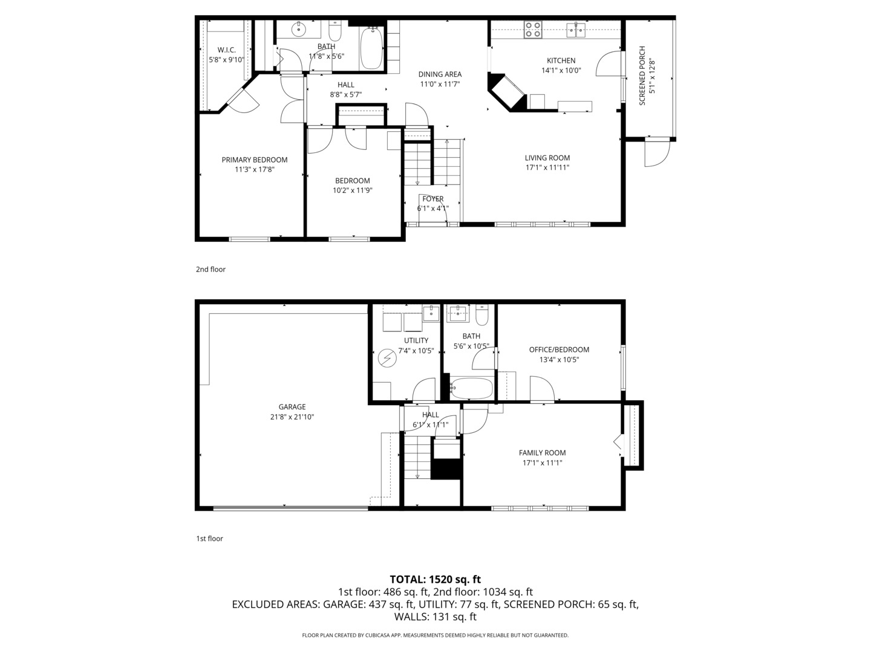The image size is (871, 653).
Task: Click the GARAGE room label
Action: (292, 407)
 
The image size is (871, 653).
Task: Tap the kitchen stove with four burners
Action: (533, 30)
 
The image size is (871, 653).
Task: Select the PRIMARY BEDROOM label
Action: (254, 160)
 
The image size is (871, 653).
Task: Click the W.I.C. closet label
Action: (226, 50)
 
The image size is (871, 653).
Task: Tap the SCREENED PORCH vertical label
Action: (642, 76)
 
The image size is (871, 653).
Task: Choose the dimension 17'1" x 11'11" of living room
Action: (547, 167)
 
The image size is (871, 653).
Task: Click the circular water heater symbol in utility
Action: (387, 359)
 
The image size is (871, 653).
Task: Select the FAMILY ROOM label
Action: (542, 452)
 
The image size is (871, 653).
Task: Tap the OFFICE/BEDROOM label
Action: (558, 349)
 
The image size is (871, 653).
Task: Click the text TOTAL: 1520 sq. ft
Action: (435, 579)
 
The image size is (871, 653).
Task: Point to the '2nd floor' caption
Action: (210, 269)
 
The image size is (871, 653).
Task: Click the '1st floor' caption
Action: (209, 538)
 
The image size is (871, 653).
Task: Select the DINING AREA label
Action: (440, 74)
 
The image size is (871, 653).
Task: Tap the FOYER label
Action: (432, 199)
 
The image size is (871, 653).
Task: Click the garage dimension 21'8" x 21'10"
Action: (292, 417)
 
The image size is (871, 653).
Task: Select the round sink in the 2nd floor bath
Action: (299, 28)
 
